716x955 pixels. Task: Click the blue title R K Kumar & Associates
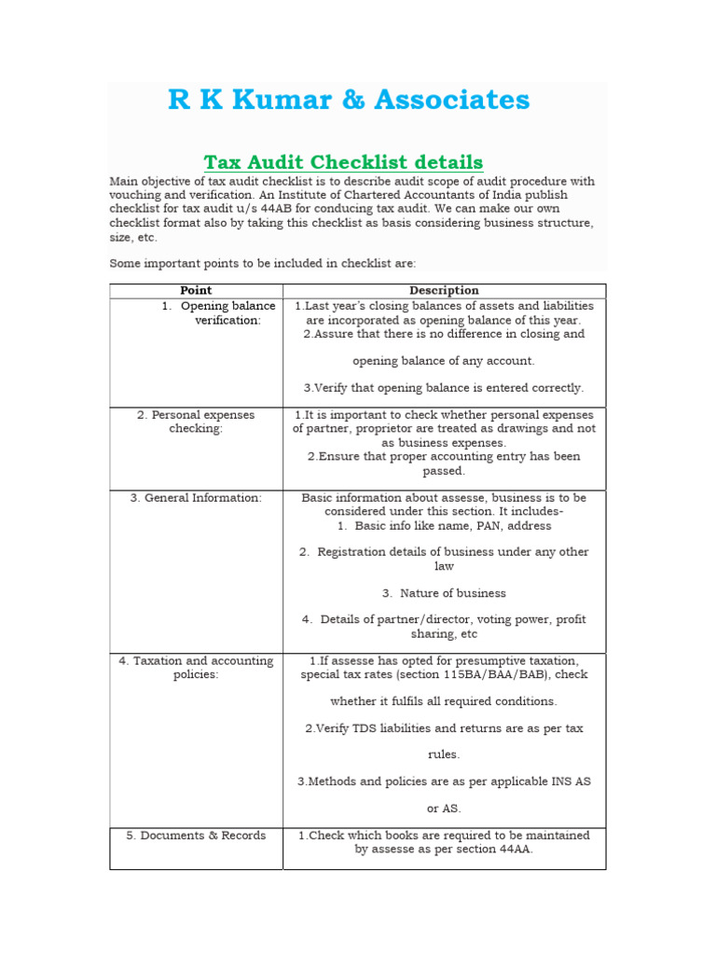[349, 100]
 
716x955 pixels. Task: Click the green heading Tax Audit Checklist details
[343, 162]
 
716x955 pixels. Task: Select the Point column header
[196, 291]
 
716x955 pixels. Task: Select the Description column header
[444, 291]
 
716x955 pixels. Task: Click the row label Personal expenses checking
[196, 422]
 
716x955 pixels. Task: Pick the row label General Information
[196, 498]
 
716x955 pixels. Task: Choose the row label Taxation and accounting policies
[196, 668]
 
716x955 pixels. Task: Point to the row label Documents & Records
[196, 836]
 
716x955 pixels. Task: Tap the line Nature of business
[444, 593]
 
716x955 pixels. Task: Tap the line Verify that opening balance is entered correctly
[444, 388]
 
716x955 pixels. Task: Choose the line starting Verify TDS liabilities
[444, 728]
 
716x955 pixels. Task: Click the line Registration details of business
[444, 552]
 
